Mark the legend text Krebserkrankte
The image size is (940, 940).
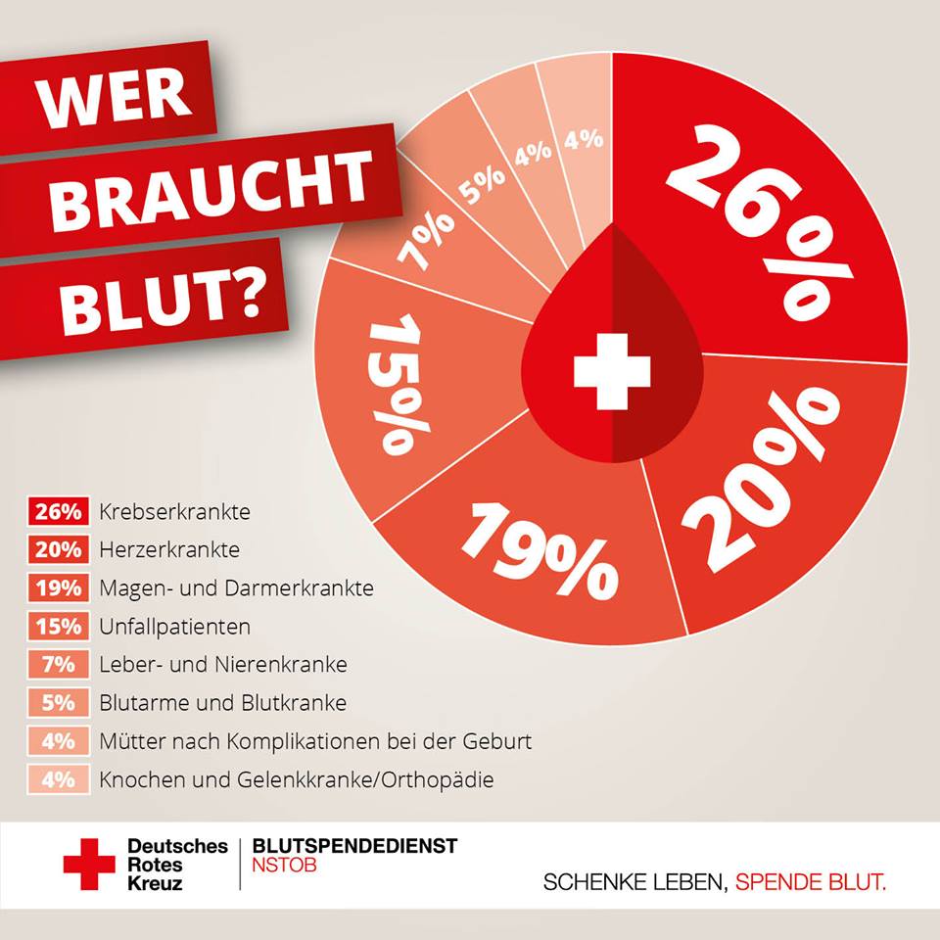click(174, 512)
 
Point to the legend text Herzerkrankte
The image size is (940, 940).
click(169, 550)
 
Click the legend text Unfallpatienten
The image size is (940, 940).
click(174, 626)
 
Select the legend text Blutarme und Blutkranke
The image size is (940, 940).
click(222, 702)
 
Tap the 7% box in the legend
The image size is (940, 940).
click(59, 664)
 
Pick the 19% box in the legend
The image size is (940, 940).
click(59, 588)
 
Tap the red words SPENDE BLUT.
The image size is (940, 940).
click(811, 882)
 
